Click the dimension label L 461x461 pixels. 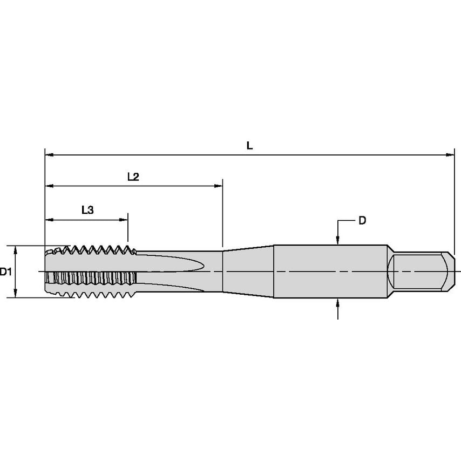point(249,145)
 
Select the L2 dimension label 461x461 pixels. point(133,177)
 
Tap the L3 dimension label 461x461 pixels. point(87,211)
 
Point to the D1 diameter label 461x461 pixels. point(6,272)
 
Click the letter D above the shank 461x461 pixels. point(362,220)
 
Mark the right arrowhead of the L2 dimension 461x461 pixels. point(219,186)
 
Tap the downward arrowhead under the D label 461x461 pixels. point(337,241)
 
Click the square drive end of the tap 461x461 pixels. point(420,271)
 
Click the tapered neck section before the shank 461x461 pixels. point(248,271)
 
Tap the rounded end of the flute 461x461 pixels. point(200,265)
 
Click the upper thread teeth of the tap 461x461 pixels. point(97,250)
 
